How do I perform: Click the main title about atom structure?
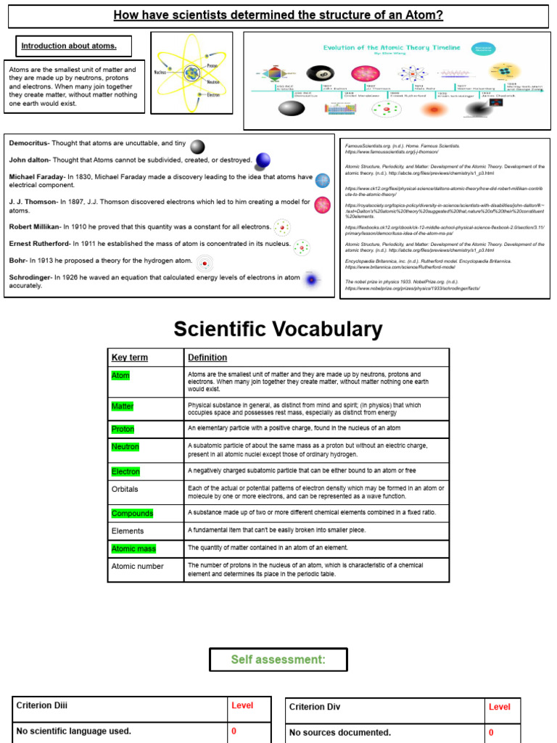tap(278, 15)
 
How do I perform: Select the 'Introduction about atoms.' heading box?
tap(68, 46)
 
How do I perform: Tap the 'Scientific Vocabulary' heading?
tap(278, 329)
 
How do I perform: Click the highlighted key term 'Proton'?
tap(123, 429)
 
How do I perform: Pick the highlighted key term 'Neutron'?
tap(125, 446)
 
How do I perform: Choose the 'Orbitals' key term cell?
tap(125, 489)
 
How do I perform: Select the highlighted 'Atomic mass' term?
tap(133, 549)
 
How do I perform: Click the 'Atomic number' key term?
tap(137, 566)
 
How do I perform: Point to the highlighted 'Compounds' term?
tap(132, 513)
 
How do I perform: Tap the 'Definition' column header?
tap(207, 357)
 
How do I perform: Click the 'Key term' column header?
tap(129, 357)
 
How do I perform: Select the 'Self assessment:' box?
tap(278, 660)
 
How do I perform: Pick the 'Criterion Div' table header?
tap(315, 707)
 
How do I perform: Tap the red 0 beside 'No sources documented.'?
tap(491, 732)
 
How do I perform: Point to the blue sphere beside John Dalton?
tap(263, 160)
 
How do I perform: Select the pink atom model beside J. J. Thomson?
tap(322, 205)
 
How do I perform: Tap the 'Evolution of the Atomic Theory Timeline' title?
tap(392, 47)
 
